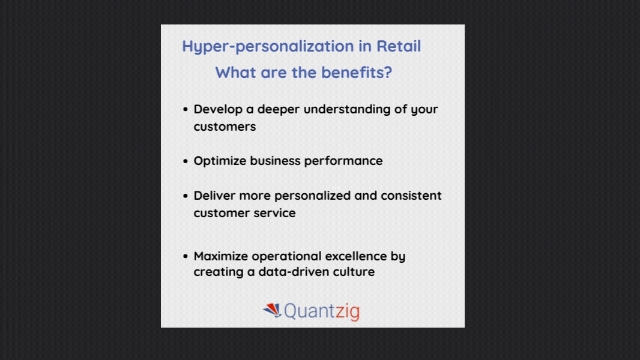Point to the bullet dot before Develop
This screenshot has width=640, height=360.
point(186,110)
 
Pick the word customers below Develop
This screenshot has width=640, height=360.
point(225,127)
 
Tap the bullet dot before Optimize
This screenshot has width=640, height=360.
point(186,161)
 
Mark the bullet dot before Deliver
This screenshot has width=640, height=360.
point(186,196)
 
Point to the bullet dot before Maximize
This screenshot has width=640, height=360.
point(186,256)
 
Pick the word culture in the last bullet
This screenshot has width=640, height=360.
point(354,272)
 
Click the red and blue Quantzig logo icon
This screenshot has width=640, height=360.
point(272,310)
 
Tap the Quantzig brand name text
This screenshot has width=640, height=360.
point(322,311)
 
